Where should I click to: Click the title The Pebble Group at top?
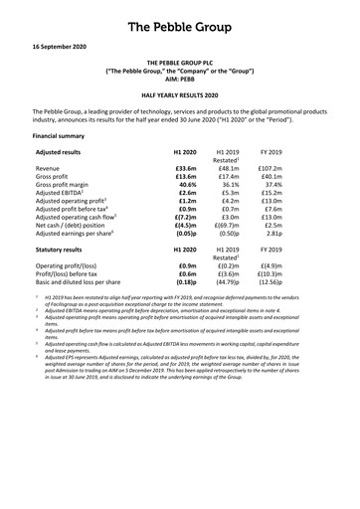(180, 20)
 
